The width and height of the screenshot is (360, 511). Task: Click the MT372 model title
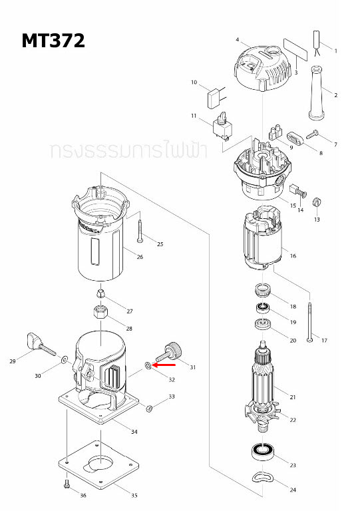point(53,41)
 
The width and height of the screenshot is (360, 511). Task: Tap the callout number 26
point(140,257)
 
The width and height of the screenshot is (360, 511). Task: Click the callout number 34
point(134,432)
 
